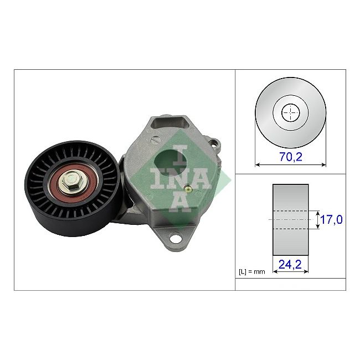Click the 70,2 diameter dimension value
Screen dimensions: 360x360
point(291,157)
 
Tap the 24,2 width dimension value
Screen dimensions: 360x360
point(291,265)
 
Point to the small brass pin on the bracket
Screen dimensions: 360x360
point(188,189)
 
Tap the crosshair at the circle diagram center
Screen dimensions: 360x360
point(291,114)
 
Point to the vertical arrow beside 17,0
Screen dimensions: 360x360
point(317,220)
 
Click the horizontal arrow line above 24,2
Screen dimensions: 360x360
point(291,272)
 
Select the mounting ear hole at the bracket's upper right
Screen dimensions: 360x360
point(215,145)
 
